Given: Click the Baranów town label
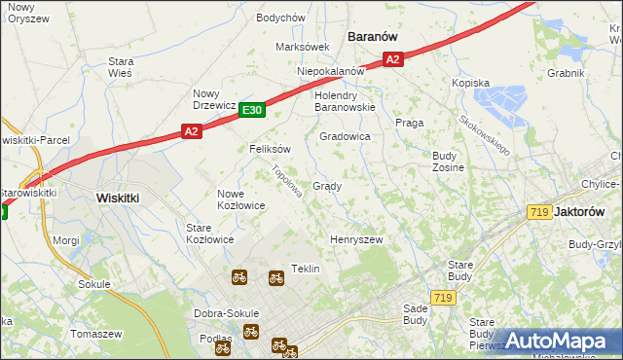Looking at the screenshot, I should click(373, 36).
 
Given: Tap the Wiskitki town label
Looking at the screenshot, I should click(118, 197).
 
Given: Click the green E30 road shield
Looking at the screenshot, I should click(251, 111).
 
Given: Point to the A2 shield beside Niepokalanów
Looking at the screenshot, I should click(392, 59).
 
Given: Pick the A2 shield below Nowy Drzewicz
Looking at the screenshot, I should click(191, 131).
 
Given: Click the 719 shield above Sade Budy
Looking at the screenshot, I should click(443, 298).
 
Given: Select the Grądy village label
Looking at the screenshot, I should click(326, 186).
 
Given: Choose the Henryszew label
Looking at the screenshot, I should click(355, 239).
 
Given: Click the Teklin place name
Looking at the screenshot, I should click(306, 269).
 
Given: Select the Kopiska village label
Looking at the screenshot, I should click(469, 84).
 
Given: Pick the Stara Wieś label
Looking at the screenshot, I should click(121, 66).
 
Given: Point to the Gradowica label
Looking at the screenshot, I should click(345, 137).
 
